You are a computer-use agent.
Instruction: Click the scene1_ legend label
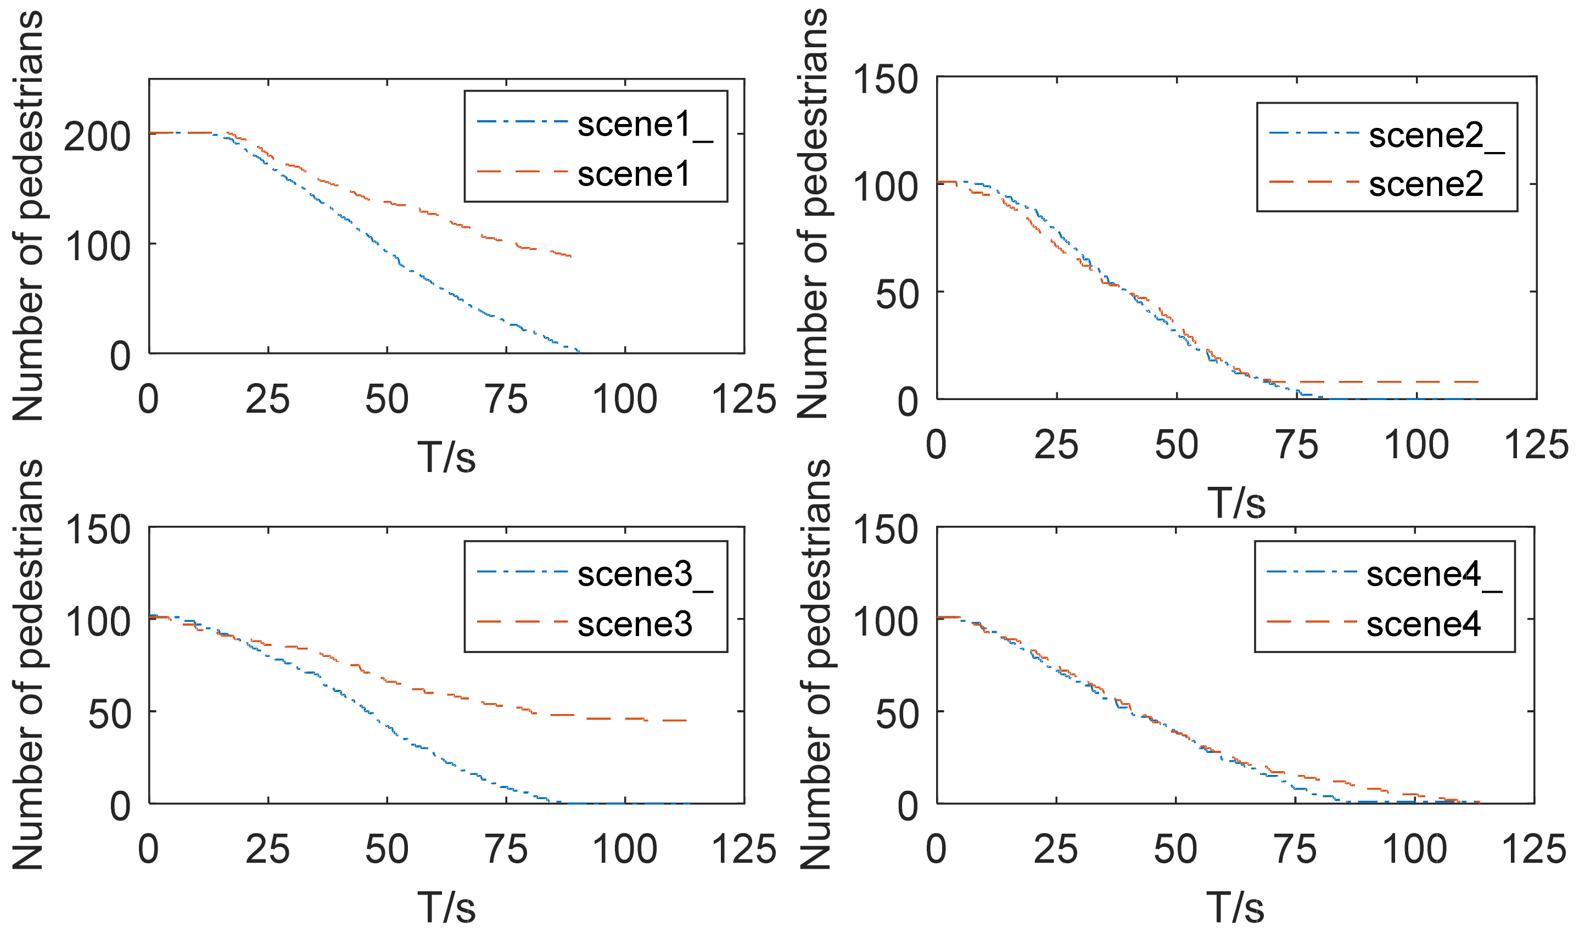(x=645, y=125)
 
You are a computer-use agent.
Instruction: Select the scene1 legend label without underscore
(x=633, y=174)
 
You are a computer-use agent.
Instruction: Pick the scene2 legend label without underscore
(x=1426, y=185)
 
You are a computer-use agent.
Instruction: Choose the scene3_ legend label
(x=645, y=575)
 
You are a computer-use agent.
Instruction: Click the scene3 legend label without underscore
(x=634, y=625)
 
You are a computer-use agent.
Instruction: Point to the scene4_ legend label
(x=1434, y=575)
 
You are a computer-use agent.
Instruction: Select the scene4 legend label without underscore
(x=1423, y=625)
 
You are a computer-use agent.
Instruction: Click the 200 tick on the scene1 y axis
(x=98, y=136)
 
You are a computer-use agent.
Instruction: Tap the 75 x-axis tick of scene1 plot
(x=506, y=400)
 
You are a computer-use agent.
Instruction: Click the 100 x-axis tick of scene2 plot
(x=1416, y=445)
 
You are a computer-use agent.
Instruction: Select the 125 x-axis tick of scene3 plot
(x=744, y=850)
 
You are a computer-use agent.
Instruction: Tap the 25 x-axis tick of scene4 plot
(x=1056, y=850)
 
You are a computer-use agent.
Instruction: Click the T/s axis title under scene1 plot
(x=446, y=457)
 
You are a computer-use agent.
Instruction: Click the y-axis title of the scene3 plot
(x=29, y=665)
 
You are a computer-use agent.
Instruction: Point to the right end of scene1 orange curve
(x=570, y=256)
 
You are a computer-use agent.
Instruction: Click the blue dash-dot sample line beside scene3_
(x=522, y=572)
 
